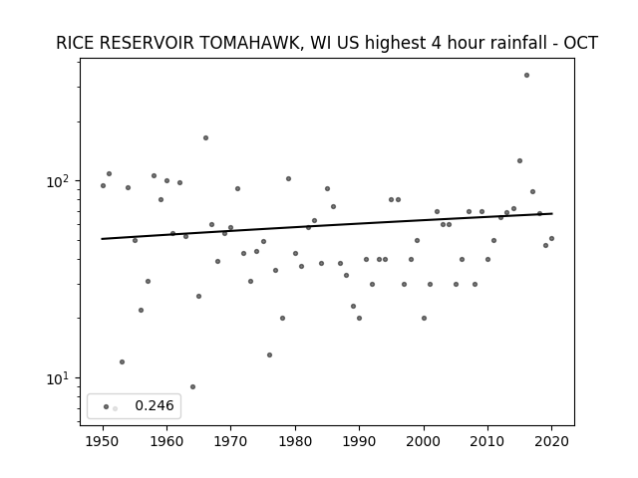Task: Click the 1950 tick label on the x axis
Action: tap(103, 441)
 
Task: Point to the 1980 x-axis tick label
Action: tap(295, 441)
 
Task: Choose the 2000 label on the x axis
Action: tap(424, 441)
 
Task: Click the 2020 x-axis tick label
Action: tap(551, 441)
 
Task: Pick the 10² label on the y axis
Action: tap(57, 181)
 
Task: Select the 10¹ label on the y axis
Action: tap(57, 378)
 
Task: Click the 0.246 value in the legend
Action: tap(155, 405)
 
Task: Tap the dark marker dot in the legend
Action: tap(107, 406)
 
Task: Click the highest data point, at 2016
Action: tap(526, 76)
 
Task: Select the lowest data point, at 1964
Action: tap(192, 386)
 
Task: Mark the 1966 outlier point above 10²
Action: tap(206, 137)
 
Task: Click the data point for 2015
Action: tap(519, 161)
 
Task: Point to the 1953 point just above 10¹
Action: tap(122, 361)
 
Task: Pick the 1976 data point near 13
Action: tap(269, 355)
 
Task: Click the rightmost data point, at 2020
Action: tap(551, 239)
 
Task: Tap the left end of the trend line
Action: tap(102, 239)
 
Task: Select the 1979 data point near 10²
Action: tap(288, 179)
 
